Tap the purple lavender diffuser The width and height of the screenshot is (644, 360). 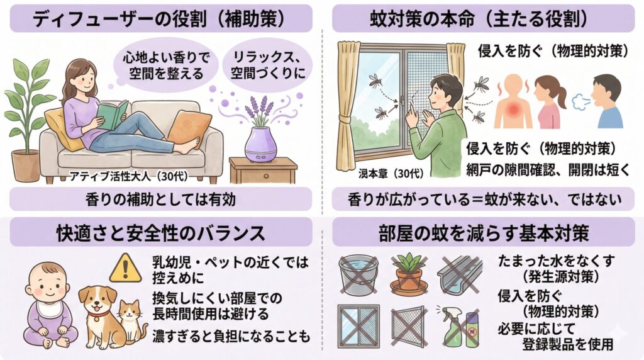[x=261, y=145]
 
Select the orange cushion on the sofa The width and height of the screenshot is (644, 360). [x=189, y=129]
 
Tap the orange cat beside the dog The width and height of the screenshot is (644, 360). [x=132, y=322]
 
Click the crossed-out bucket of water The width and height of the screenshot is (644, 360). [x=358, y=274]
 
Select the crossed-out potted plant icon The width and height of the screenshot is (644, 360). [x=409, y=274]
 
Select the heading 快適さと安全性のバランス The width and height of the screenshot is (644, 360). [x=160, y=233]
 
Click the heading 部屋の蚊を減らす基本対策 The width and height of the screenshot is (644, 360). [x=484, y=233]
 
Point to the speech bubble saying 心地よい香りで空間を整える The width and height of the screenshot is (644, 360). [x=165, y=65]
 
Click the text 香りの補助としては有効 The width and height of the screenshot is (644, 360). [x=160, y=200]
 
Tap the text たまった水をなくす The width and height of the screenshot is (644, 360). [x=556, y=261]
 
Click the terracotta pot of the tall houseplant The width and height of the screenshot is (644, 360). [x=25, y=166]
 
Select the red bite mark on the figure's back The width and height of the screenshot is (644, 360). [x=513, y=108]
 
